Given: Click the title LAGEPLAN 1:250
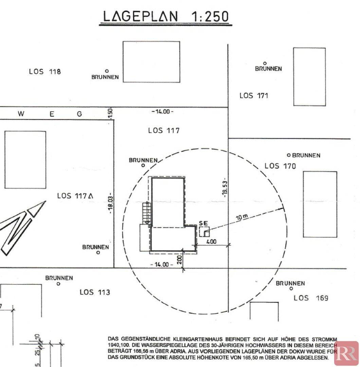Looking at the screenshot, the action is click(166, 17).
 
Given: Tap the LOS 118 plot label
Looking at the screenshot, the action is click(45, 71).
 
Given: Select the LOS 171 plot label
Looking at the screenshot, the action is click(254, 95).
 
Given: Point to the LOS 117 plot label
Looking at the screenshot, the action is click(164, 130).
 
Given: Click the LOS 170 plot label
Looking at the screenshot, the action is click(280, 166).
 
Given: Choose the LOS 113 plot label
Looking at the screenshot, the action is click(95, 292).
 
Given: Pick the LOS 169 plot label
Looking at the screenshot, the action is click(311, 298).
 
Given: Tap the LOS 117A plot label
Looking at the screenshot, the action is click(75, 196).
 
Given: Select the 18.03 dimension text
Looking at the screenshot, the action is click(111, 205).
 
